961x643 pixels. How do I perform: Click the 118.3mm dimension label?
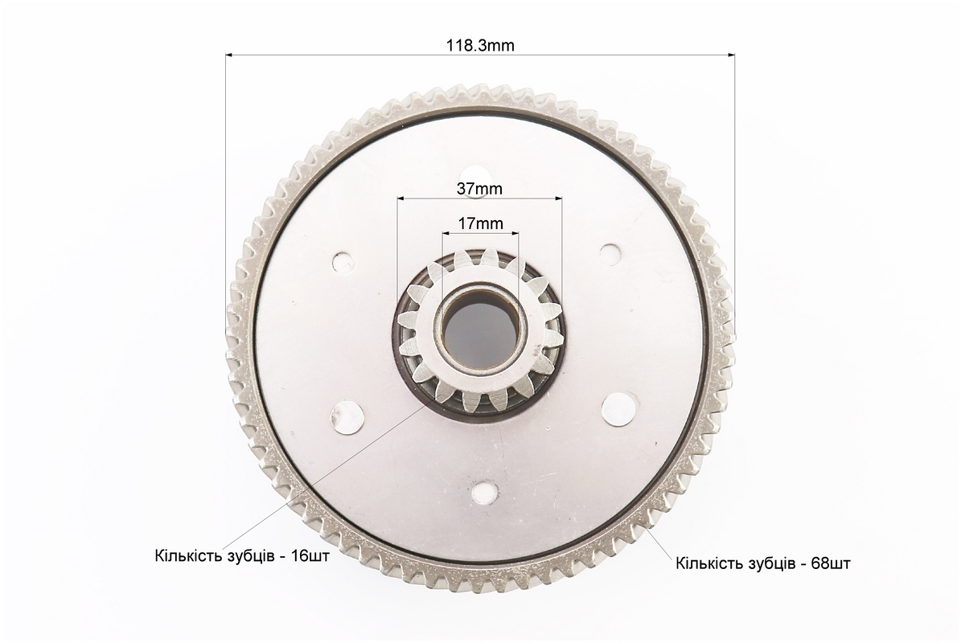pos(481,45)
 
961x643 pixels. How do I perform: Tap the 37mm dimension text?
pos(479,189)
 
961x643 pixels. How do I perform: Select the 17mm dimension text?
pos(481,223)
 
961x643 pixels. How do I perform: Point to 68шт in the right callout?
pos(831,563)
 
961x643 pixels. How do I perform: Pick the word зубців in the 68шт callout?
pos(764,563)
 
